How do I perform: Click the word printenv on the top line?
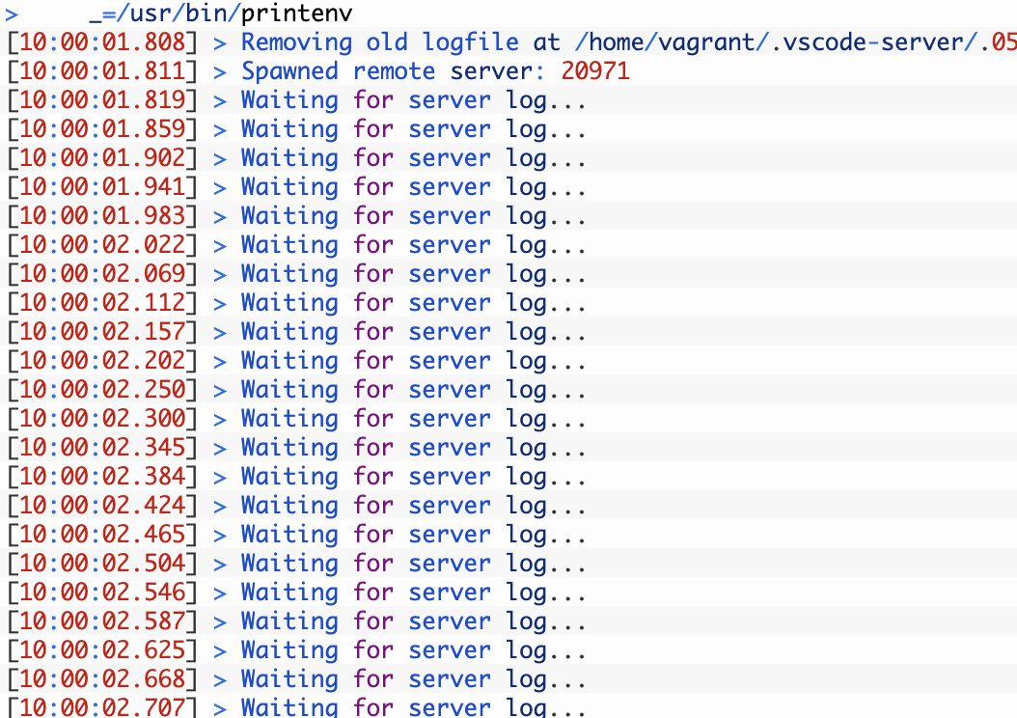(x=296, y=13)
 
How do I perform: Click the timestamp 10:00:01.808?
(x=102, y=42)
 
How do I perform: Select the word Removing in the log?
(x=296, y=42)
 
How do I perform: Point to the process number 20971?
(x=595, y=71)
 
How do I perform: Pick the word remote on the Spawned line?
(x=394, y=71)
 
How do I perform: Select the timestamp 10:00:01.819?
(x=102, y=100)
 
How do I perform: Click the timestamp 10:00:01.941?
(x=102, y=187)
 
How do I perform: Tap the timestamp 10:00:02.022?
(x=102, y=244)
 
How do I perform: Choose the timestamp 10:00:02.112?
(x=102, y=302)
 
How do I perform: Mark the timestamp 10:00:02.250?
(x=102, y=389)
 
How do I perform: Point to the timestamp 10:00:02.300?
(x=102, y=418)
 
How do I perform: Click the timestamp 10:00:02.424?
(x=102, y=506)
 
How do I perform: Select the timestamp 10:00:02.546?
(x=102, y=593)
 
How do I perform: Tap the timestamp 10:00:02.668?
(x=102, y=679)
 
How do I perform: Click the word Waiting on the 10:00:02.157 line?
(x=289, y=332)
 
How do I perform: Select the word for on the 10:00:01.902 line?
(x=373, y=157)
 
